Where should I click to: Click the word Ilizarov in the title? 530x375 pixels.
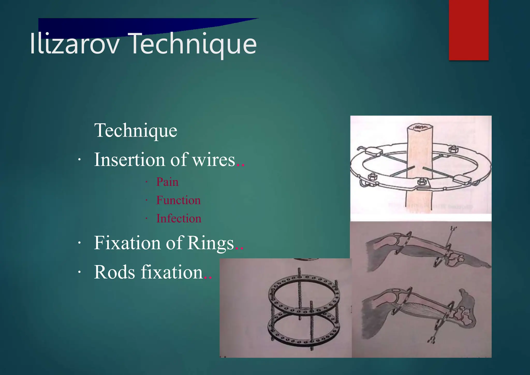pyautogui.click(x=75, y=44)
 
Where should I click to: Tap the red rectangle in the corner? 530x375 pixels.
pyautogui.click(x=469, y=30)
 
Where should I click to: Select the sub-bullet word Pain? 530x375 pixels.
pyautogui.click(x=167, y=182)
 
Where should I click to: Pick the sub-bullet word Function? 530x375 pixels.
pyautogui.click(x=178, y=200)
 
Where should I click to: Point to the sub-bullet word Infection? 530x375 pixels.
pyautogui.click(x=179, y=218)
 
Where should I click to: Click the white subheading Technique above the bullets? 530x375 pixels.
pyautogui.click(x=136, y=130)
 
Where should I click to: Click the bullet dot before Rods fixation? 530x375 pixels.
pyautogui.click(x=80, y=272)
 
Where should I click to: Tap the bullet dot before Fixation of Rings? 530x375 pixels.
pyautogui.click(x=80, y=243)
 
